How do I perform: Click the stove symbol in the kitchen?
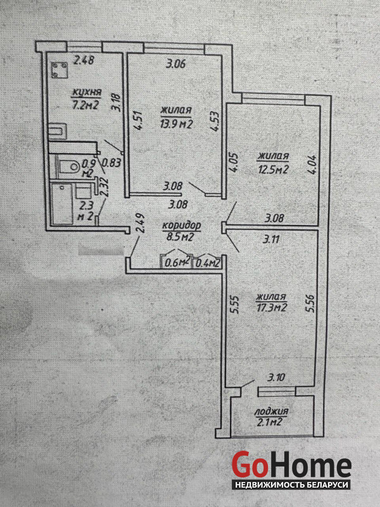(x=60, y=70)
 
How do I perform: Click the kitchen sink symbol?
(x=58, y=131)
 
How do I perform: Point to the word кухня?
(x=86, y=93)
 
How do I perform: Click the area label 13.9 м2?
(x=177, y=124)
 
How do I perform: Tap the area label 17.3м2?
(x=272, y=307)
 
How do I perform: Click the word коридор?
(x=181, y=225)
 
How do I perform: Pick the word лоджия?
(x=271, y=412)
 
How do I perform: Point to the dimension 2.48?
(x=84, y=60)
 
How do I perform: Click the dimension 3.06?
(x=176, y=65)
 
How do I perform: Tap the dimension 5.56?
(x=310, y=302)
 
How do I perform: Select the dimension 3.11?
(x=272, y=240)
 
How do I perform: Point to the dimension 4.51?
(x=139, y=120)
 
